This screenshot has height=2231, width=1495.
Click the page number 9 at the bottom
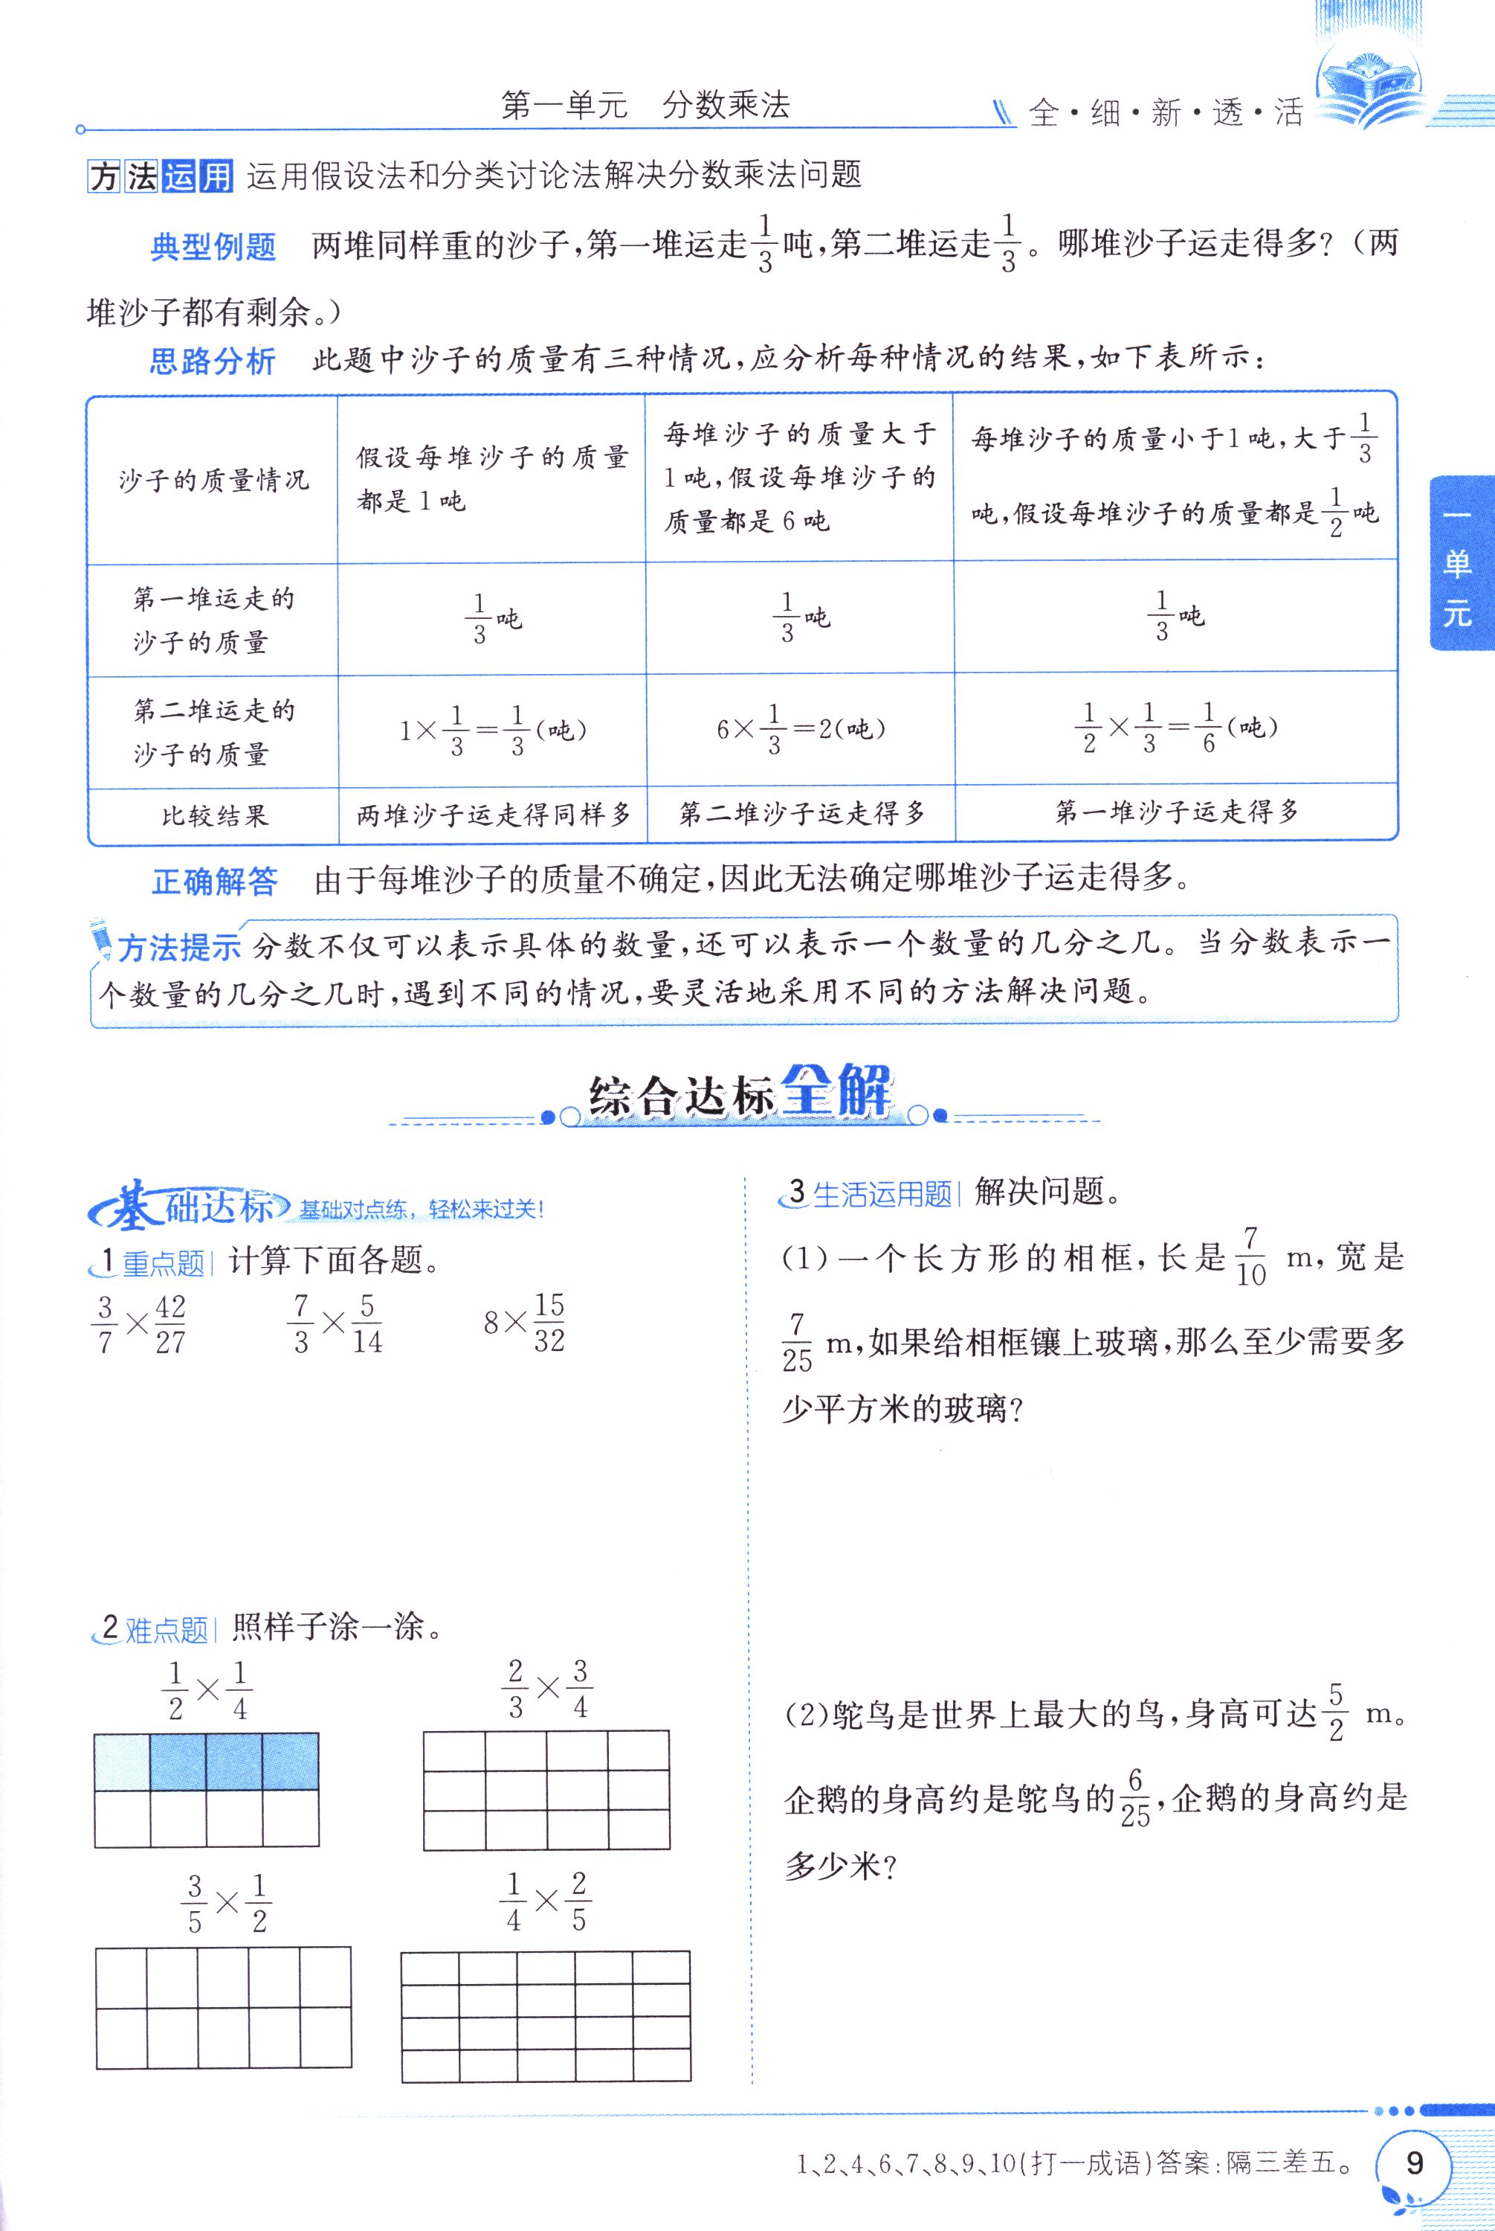[x=1414, y=2160]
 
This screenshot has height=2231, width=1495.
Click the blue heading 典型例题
[x=213, y=247]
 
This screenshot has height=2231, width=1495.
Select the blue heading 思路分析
[x=213, y=362]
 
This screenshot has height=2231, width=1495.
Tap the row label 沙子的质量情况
[x=213, y=480]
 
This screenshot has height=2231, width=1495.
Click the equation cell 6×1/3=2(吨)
[x=801, y=730]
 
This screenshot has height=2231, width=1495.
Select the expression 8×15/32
[x=524, y=1322]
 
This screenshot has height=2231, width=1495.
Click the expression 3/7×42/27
[x=139, y=1323]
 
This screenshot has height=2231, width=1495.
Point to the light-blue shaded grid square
[x=123, y=1762]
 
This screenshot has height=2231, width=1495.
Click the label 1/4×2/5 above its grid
[x=546, y=1902]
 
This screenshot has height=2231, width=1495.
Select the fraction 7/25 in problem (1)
[x=797, y=1342]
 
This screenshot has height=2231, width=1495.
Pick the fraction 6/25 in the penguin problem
[x=1134, y=1798]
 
